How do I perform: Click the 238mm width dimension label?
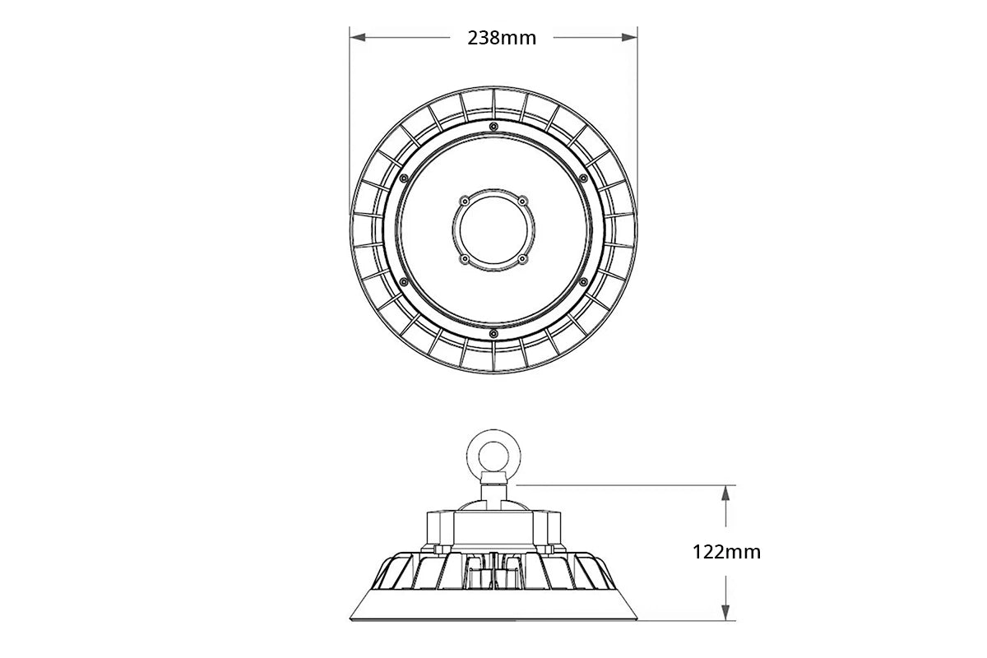tap(502, 38)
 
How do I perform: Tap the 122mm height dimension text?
tap(726, 552)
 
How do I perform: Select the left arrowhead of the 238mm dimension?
tap(356, 37)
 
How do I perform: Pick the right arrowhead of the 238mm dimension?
tap(631, 37)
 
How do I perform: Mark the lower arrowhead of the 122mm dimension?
tap(725, 614)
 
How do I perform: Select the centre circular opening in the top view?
tap(493, 229)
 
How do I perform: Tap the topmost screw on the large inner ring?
tap(493, 126)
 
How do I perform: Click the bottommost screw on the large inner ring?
tap(493, 333)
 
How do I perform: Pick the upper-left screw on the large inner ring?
tap(403, 178)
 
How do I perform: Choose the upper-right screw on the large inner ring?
tap(583, 178)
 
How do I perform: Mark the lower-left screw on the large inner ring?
tap(403, 281)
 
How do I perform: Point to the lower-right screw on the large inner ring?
tap(583, 281)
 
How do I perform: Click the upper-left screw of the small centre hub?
tap(465, 200)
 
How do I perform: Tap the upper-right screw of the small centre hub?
tap(521, 200)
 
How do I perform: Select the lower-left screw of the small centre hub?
tap(465, 258)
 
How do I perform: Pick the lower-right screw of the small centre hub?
tap(521, 258)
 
